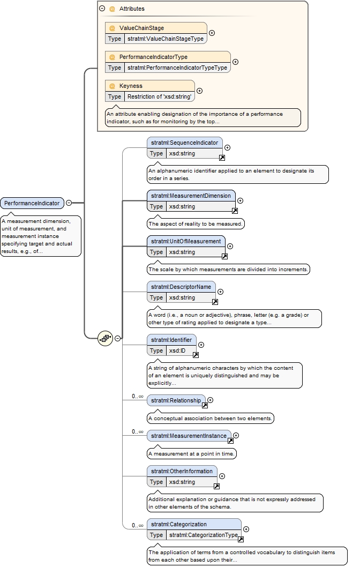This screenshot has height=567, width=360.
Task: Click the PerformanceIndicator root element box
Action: coord(32,203)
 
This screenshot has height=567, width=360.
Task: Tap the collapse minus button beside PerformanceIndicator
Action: coord(69,203)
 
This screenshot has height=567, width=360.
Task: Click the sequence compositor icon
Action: coord(105,339)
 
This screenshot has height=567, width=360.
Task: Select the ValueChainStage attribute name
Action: coord(141,28)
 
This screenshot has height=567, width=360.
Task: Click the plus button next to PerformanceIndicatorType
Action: coord(235,62)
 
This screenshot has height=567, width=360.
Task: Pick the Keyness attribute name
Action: coord(131,86)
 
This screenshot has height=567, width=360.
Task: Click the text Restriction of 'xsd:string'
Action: coord(160,96)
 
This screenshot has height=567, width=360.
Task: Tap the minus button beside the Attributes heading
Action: coord(102,9)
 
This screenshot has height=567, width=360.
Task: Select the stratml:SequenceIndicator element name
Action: coord(185,143)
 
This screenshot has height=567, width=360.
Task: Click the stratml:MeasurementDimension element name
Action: coord(191,196)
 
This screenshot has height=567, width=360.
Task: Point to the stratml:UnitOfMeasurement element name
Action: coord(186,242)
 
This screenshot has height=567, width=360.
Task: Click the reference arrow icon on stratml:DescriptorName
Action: coord(215,302)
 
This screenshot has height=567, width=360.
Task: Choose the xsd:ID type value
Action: coord(177,351)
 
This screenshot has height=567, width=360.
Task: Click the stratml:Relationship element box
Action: coord(176,401)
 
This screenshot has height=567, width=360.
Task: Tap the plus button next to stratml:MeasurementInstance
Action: coord(236,436)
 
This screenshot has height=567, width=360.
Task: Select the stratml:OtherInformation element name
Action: coord(182,472)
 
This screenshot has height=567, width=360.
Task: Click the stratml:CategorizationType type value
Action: coord(204,535)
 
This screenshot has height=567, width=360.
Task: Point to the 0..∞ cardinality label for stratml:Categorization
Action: coord(138,525)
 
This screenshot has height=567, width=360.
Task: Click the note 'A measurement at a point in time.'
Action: coord(192,454)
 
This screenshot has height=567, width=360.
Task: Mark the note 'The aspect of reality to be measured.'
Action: coord(196,224)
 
